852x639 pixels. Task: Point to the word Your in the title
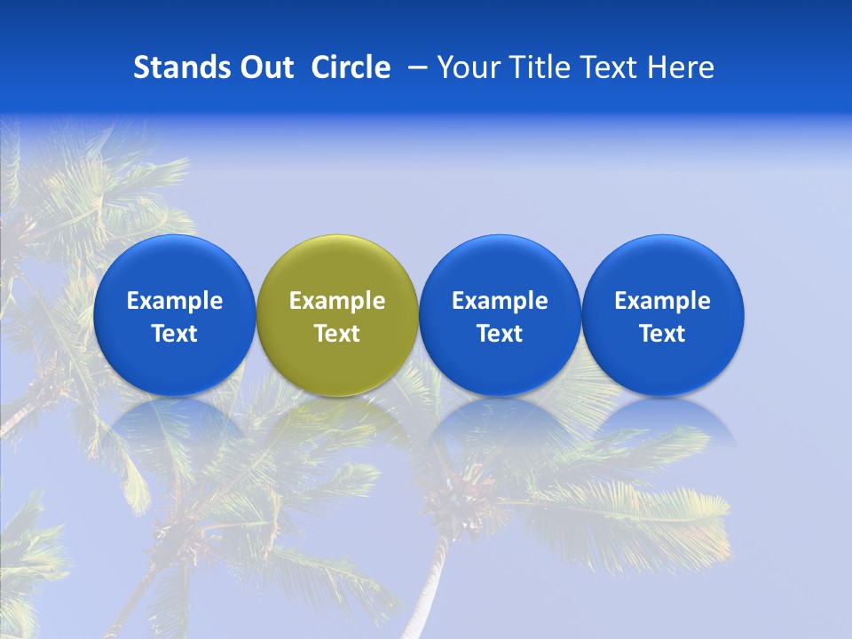click(x=465, y=67)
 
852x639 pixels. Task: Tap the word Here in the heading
click(x=681, y=67)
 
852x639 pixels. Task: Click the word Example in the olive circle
click(x=337, y=301)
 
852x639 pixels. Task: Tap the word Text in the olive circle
click(x=337, y=334)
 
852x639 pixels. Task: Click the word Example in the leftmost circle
click(x=175, y=301)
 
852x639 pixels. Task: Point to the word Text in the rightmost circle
click(x=663, y=334)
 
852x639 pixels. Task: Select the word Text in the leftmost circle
click(x=175, y=334)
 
